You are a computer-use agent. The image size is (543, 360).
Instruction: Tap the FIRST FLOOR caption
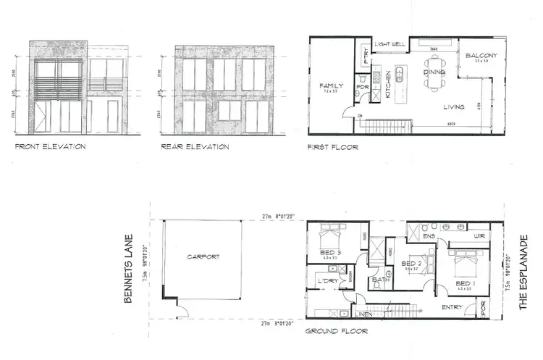333,146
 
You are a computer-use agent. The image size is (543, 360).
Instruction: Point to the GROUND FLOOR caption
336,331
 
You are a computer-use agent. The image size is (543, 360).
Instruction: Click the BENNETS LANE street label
128,269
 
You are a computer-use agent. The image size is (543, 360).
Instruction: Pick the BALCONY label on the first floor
480,55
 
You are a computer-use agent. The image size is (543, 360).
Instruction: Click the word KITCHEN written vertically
388,86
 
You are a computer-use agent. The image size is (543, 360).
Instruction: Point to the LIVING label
454,107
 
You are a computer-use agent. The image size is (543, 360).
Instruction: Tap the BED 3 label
329,252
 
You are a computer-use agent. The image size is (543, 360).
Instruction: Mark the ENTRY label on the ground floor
452,308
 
